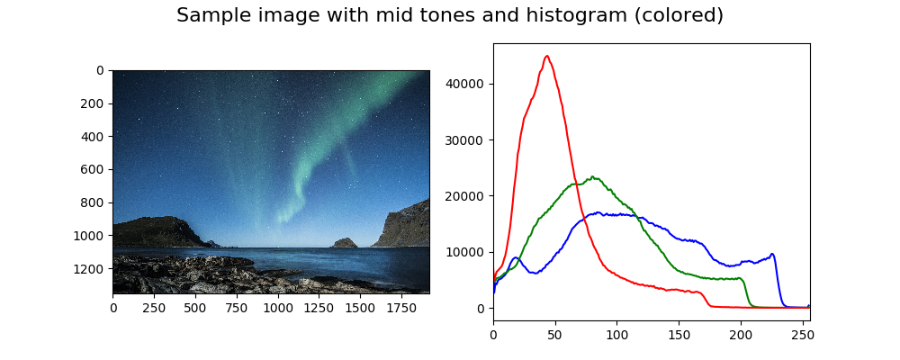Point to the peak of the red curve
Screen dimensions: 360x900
pos(546,56)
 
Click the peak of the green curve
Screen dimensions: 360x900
pos(592,177)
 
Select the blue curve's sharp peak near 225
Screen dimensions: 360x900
pos(772,254)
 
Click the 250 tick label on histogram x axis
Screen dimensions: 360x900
pos(802,334)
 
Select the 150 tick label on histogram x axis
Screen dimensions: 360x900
pos(679,334)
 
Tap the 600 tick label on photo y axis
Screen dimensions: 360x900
pos(92,169)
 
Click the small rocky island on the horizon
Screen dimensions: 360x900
pos(344,242)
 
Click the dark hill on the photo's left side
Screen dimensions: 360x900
pos(153,230)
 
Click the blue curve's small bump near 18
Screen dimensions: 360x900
pos(515,258)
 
